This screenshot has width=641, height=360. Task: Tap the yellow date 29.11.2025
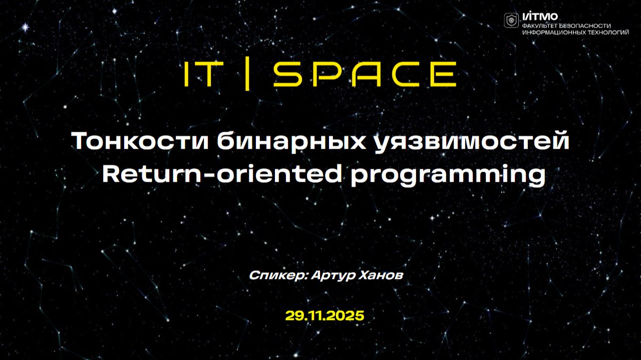point(325,316)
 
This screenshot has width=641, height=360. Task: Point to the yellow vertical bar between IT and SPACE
point(246,75)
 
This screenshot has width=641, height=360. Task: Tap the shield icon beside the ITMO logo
point(511,20)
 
